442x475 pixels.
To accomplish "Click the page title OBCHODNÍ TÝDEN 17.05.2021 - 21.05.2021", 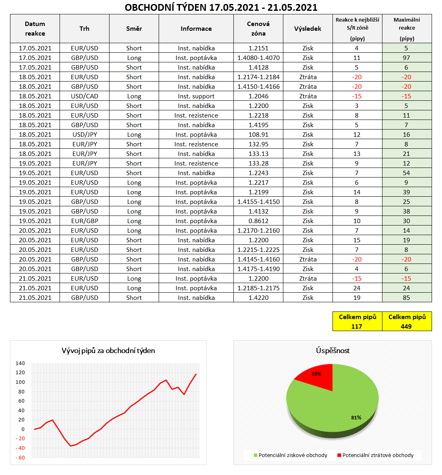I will [221, 7].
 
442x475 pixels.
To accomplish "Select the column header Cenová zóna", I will [258, 28].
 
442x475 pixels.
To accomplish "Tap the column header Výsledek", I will [308, 28].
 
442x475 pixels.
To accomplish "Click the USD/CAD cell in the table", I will [84, 96].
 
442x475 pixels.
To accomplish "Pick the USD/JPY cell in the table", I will [84, 134].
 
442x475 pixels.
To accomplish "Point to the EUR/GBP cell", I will [84, 221].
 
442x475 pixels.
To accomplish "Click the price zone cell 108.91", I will [258, 134].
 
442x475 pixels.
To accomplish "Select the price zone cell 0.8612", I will [258, 221].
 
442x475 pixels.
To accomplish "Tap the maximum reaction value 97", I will [406, 58].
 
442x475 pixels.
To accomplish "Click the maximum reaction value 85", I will [406, 297].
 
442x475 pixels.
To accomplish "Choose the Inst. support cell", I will [196, 96].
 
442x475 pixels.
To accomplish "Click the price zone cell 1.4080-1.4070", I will [258, 58].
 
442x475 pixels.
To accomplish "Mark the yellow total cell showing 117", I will [357, 321].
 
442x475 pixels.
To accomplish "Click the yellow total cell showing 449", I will [407, 321].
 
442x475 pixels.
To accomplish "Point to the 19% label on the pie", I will [317, 374].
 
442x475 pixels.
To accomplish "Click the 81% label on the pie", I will [356, 417].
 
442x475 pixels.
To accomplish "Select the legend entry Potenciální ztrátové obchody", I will [378, 455].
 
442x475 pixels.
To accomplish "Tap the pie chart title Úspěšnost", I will [332, 351].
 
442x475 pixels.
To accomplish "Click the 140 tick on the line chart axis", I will [20, 363].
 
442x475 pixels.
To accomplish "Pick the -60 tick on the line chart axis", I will [20, 457].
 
